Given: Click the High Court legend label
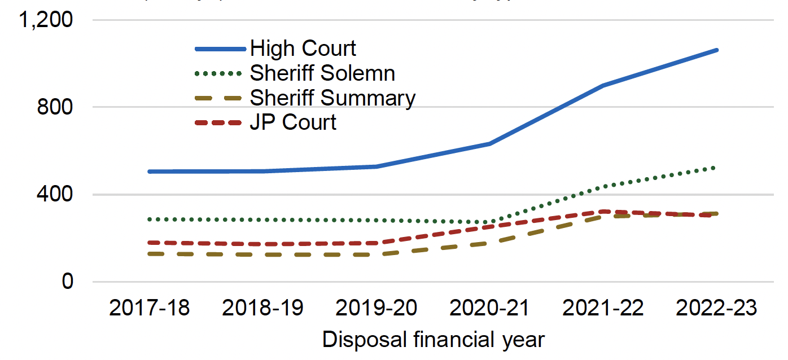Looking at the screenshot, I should pyautogui.click(x=303, y=49).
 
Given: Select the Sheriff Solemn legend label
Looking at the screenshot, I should pyautogui.click(x=322, y=73).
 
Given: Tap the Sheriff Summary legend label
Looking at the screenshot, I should pyautogui.click(x=332, y=98).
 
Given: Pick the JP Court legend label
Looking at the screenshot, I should pyautogui.click(x=293, y=122).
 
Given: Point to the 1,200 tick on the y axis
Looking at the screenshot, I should pyautogui.click(x=46, y=20).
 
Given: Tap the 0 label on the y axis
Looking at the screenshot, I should pyautogui.click(x=67, y=282).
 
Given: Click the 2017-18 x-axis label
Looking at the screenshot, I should pyautogui.click(x=149, y=309).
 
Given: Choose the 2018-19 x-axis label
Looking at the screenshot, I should pyautogui.click(x=262, y=309).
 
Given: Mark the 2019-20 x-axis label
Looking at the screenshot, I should pyautogui.click(x=377, y=309).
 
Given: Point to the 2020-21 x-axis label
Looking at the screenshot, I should pyautogui.click(x=490, y=309).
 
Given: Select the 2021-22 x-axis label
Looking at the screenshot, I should pyautogui.click(x=603, y=309).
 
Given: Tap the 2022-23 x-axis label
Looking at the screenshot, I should pyautogui.click(x=717, y=309).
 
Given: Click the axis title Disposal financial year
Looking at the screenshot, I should pyautogui.click(x=434, y=340).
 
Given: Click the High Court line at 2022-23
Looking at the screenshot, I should pyautogui.click(x=717, y=50).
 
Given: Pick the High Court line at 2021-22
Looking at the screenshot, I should pyautogui.click(x=603, y=86).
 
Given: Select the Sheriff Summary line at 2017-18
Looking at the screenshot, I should pyautogui.click(x=149, y=254).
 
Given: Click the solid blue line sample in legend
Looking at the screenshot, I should pyautogui.click(x=220, y=49).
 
